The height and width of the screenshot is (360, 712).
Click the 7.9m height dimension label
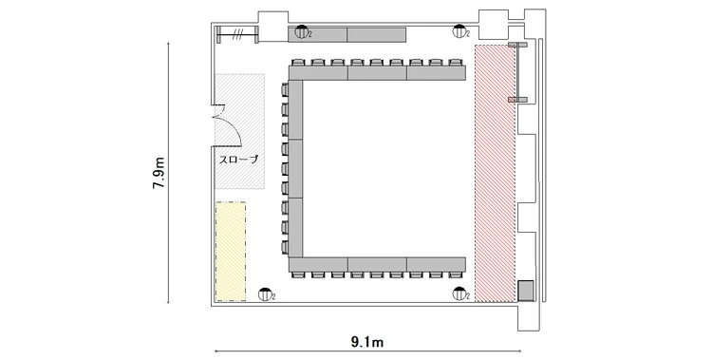click(x=159, y=173)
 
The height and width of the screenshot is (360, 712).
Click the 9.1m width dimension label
click(x=366, y=342)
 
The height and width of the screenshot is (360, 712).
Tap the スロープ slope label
click(x=239, y=160)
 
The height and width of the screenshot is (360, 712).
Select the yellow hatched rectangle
click(x=231, y=252)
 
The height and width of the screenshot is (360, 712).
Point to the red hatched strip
click(x=496, y=173)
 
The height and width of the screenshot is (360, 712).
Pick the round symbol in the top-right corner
click(x=459, y=31)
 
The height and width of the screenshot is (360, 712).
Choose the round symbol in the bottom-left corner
click(x=265, y=294)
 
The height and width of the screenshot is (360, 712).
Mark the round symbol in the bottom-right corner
click(x=459, y=294)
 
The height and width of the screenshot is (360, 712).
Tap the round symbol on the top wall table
click(x=301, y=31)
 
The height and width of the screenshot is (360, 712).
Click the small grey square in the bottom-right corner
click(x=526, y=291)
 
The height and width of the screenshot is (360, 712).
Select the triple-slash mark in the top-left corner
click(x=236, y=34)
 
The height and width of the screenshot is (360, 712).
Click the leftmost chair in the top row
click(x=298, y=63)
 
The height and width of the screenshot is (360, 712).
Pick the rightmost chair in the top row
click(x=455, y=63)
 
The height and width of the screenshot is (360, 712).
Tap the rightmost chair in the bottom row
click(x=455, y=275)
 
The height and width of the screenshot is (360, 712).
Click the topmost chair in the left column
click(x=285, y=89)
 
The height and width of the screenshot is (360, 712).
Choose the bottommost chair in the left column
click(x=285, y=247)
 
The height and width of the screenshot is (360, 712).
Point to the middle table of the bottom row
click(x=377, y=265)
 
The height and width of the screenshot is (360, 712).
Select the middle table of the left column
click(x=295, y=169)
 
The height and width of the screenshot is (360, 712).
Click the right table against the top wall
click(x=377, y=34)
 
